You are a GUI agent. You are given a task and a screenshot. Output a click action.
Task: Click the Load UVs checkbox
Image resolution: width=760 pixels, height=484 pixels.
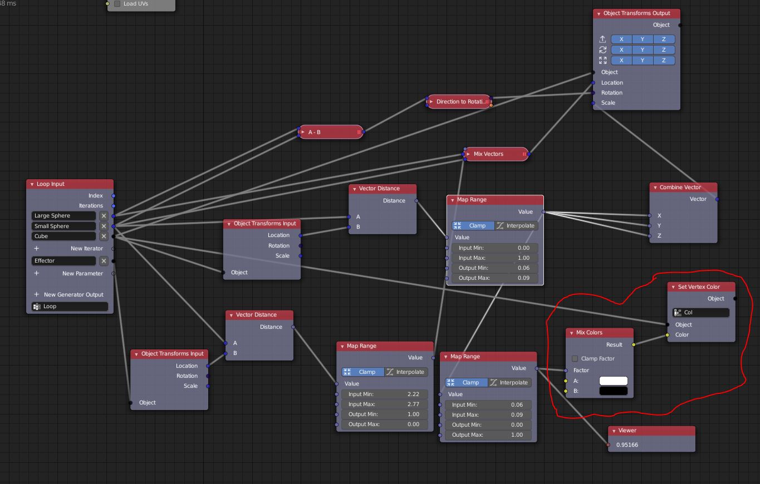(x=117, y=4)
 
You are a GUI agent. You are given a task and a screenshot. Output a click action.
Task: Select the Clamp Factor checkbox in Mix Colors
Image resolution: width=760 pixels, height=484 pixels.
(x=575, y=359)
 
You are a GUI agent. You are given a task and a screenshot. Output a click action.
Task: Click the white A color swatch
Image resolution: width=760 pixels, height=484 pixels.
(x=613, y=381)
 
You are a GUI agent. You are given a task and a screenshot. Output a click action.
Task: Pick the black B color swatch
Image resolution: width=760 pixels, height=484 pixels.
(x=613, y=391)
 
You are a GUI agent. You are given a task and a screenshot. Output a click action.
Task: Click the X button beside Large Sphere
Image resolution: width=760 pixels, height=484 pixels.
(x=104, y=216)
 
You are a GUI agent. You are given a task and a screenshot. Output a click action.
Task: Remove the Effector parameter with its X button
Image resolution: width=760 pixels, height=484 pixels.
(x=104, y=261)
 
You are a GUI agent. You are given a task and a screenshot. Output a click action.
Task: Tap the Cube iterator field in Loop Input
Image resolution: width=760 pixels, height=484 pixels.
(x=63, y=236)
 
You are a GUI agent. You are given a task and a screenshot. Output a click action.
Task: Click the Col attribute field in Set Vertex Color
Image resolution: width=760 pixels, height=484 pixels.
(x=701, y=313)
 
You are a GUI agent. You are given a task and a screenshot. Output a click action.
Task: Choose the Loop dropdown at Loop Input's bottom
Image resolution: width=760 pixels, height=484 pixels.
(x=70, y=307)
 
